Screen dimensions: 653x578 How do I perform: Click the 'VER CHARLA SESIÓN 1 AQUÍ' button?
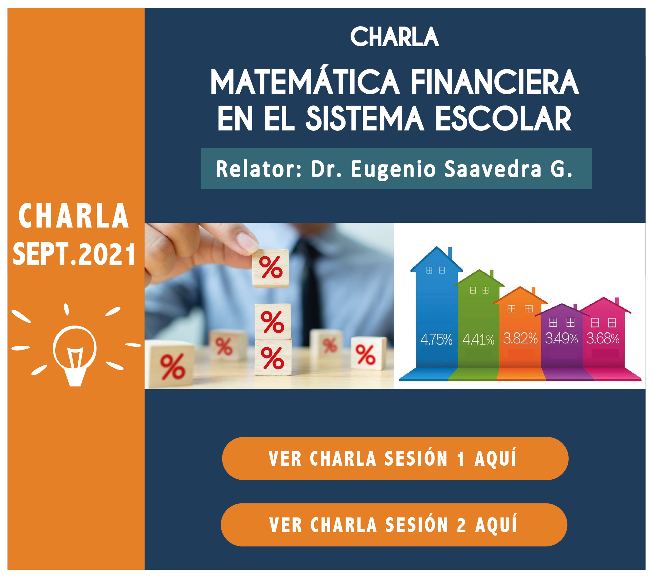point(395,458)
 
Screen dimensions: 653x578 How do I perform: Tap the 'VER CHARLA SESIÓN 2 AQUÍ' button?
point(394,525)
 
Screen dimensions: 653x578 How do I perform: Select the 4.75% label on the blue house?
point(436,339)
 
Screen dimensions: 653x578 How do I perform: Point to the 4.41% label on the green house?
point(478,340)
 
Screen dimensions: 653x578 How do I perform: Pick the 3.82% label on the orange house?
point(520,339)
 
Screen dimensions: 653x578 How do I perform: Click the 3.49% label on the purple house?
point(561,339)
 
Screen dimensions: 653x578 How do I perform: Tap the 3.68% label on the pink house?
point(602,339)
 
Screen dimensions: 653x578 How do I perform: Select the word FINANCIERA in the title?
point(495,82)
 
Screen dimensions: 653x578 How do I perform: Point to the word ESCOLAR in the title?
point(503,119)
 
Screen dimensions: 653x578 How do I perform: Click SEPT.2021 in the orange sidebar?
point(74,254)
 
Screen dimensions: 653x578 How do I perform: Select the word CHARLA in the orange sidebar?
point(74,216)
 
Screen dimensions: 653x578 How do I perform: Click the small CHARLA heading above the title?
point(395,37)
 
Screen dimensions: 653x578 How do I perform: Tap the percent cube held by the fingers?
point(271,268)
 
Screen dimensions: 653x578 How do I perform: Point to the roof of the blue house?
point(436,259)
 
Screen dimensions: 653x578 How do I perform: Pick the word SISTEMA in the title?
point(365,119)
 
